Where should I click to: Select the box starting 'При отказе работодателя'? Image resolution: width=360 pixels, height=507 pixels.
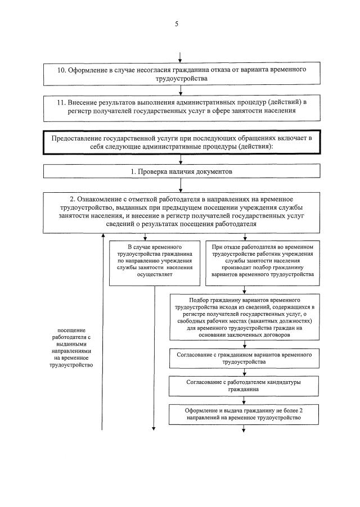263,261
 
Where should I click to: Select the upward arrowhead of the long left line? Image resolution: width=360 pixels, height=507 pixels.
102,237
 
